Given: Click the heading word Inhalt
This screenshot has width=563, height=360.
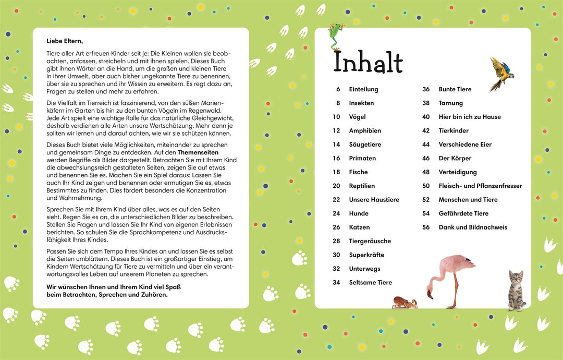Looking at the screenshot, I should (x=368, y=62).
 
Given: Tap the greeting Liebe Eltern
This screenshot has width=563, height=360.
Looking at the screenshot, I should (x=65, y=41).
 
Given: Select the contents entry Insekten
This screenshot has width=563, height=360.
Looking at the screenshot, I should (x=361, y=103).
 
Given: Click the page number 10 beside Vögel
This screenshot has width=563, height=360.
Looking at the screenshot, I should (x=336, y=117).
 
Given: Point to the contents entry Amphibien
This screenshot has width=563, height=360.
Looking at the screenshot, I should (x=365, y=131).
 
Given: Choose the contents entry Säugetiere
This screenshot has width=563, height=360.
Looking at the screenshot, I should (x=365, y=145).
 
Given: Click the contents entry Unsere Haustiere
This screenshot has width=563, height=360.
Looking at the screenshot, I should (x=374, y=200).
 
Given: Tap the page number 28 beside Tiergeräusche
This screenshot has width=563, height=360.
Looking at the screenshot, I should (x=336, y=241).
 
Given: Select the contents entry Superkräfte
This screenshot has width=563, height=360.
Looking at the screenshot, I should (x=366, y=255).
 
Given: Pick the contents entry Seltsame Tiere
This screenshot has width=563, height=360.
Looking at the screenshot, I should (x=370, y=283).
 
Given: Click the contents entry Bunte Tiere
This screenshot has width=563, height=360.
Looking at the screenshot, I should (x=455, y=89).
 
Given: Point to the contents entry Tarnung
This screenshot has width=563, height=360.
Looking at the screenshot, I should (x=451, y=103).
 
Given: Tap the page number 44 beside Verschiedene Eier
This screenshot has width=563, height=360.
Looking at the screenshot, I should (x=426, y=145).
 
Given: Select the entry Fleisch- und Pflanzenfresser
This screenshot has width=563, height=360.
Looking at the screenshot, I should (x=480, y=186).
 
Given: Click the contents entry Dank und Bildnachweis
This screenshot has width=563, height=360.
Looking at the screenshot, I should (x=473, y=227).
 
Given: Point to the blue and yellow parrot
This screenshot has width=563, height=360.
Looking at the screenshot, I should (x=501, y=73).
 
